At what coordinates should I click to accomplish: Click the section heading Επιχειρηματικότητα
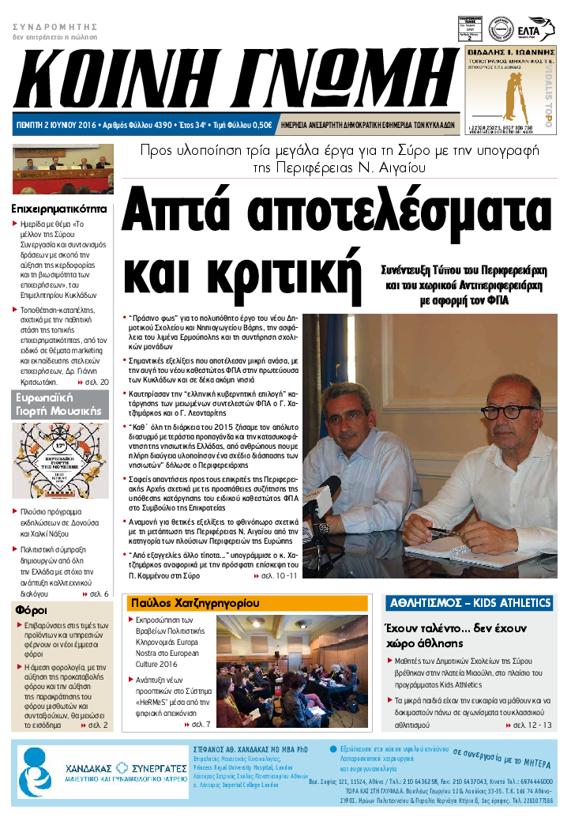[59, 209]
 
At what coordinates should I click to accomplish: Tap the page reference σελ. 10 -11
[276, 576]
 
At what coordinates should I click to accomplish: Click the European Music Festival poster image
[60, 461]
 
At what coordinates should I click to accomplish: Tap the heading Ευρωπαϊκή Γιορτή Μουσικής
[59, 404]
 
